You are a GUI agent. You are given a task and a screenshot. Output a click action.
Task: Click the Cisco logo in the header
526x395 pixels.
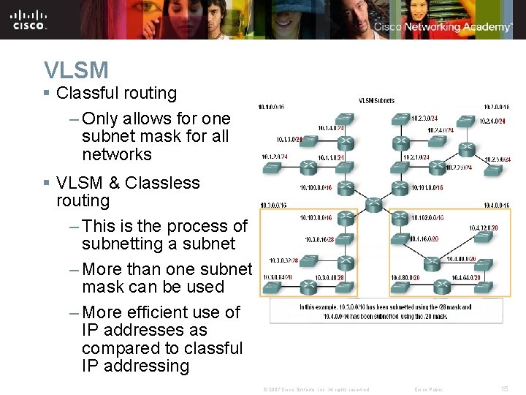click(29, 19)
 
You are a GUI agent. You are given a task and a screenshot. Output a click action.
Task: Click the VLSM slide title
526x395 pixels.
click(76, 70)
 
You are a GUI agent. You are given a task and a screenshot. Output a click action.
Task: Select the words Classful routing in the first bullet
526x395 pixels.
click(116, 93)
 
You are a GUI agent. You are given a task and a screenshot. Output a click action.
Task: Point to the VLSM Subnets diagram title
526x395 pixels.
click(376, 100)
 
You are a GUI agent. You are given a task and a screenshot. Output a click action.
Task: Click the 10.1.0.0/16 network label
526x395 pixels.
click(272, 108)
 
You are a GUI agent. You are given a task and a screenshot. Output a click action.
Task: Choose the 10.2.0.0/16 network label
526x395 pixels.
click(496, 108)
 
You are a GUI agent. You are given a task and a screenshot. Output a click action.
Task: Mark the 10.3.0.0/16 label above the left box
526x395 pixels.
click(272, 206)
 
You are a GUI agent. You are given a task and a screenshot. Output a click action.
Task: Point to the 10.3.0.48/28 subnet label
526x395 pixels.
click(329, 278)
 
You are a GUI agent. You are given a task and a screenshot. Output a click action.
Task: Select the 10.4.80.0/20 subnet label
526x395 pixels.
click(406, 278)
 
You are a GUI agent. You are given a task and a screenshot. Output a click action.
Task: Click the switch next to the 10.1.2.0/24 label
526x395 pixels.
click(272, 168)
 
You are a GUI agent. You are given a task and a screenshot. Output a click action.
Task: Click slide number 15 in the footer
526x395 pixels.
click(504, 389)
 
